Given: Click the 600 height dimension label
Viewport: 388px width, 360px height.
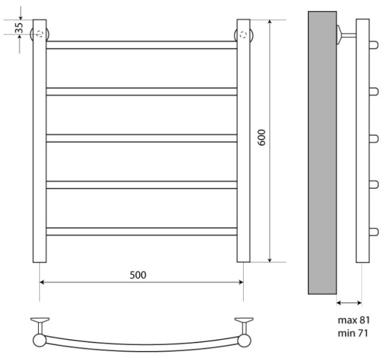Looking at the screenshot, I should tap(263, 141).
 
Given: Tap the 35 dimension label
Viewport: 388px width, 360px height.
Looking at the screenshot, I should tap(19, 28).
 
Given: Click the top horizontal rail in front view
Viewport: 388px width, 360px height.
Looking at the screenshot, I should tap(141, 45).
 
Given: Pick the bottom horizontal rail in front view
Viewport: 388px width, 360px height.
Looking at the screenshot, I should tap(141, 231).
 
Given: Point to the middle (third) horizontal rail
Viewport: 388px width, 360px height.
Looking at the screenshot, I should tap(141, 138).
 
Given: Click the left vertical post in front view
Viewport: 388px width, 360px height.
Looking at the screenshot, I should tap(39, 149).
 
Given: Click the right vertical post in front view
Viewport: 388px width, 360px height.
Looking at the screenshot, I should tap(243, 149).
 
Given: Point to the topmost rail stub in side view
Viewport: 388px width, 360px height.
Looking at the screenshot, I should tap(373, 45).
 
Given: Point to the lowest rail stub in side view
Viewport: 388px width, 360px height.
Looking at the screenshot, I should tap(373, 231).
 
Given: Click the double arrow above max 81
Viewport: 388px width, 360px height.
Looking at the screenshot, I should tap(350, 302).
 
